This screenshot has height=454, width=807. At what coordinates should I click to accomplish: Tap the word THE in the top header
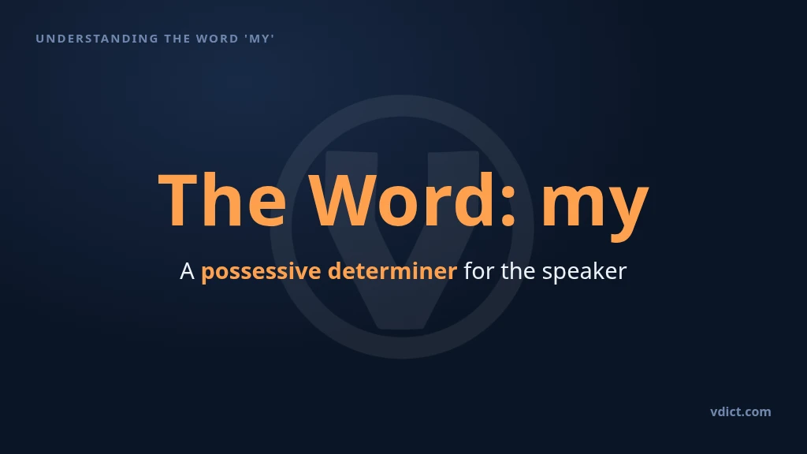(x=177, y=39)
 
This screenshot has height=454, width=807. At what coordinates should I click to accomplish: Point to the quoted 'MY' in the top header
(x=259, y=39)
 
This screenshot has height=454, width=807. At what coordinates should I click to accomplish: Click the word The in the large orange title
(x=222, y=199)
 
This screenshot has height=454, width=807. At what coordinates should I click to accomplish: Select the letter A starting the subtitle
(x=187, y=271)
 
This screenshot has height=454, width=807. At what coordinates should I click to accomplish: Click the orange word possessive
(x=261, y=272)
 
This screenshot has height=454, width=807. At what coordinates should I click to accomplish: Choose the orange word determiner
(x=392, y=271)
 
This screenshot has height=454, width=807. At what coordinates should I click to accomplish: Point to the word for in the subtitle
(x=478, y=271)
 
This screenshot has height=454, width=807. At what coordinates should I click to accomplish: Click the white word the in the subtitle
(x=519, y=271)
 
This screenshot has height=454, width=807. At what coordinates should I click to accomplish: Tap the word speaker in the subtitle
(x=584, y=272)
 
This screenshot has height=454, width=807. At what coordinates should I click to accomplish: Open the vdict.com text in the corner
(x=741, y=411)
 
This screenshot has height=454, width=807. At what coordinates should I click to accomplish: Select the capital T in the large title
(x=178, y=199)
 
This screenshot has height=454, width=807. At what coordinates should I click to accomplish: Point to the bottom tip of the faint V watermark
(x=402, y=328)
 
